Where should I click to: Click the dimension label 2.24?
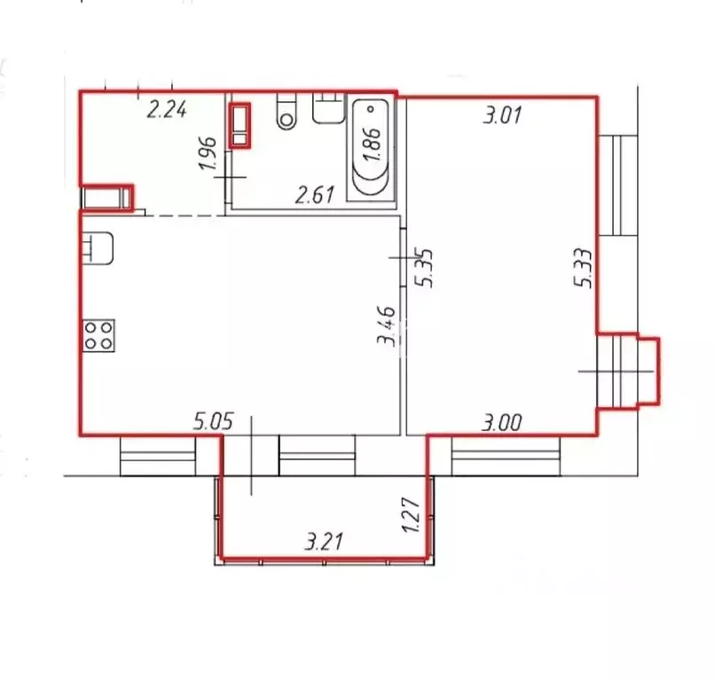[167, 110]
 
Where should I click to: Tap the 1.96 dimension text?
[208, 153]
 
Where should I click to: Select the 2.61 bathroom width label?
[315, 195]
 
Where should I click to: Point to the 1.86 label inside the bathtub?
[372, 144]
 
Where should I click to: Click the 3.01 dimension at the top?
[502, 115]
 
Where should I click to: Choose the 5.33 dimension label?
[584, 268]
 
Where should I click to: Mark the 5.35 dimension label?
[423, 268]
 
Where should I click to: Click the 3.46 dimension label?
[386, 326]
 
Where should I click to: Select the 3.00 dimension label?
[502, 423]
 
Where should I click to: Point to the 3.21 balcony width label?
[324, 542]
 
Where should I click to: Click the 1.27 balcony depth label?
[411, 515]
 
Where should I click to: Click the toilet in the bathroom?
[287, 111]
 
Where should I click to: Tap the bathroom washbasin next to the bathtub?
[328, 108]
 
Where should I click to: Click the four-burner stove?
[98, 335]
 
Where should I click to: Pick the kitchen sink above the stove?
[98, 248]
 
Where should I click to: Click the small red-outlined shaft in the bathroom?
[240, 126]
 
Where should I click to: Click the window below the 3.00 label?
[506, 456]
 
